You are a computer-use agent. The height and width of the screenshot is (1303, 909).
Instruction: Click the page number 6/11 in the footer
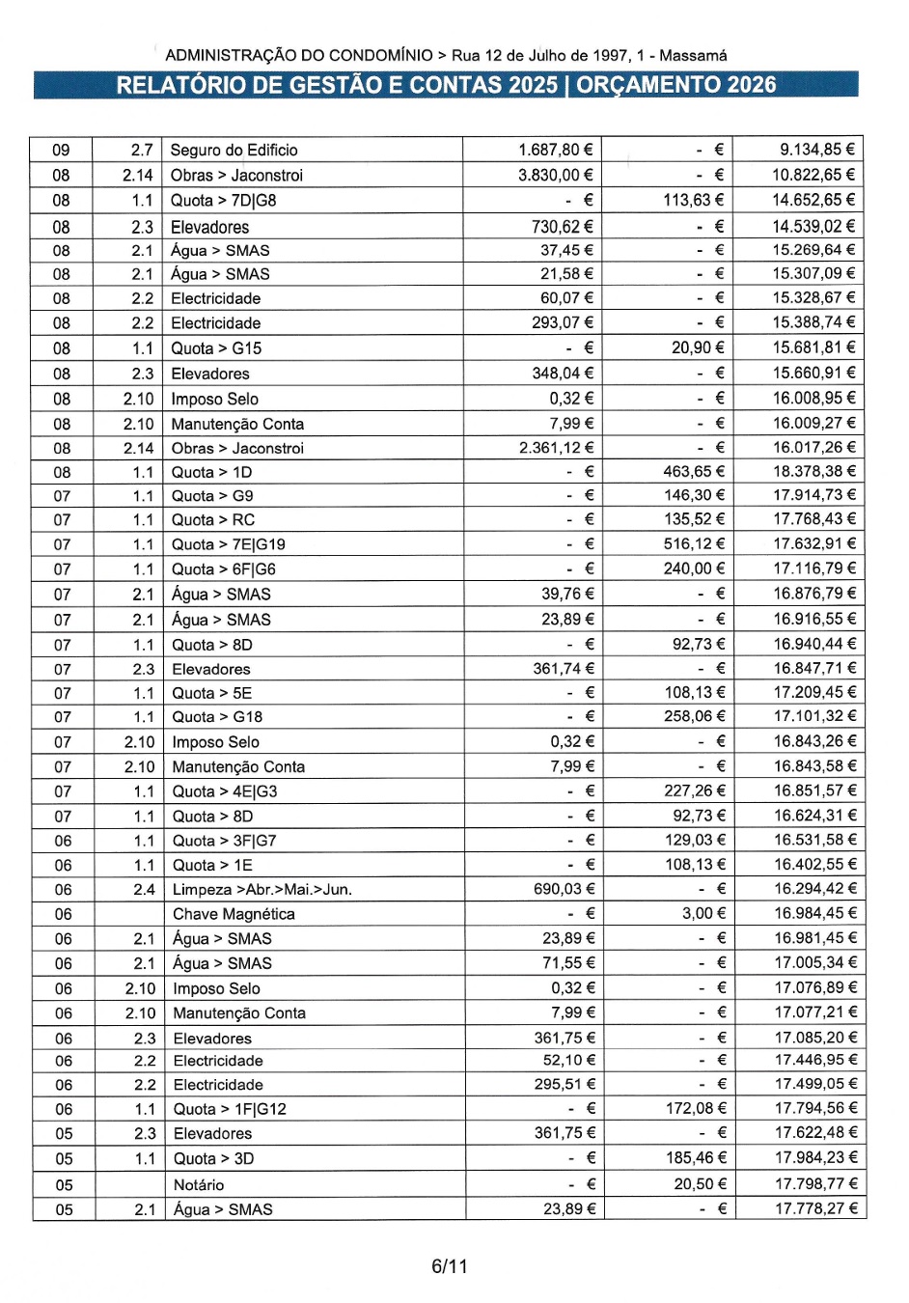[449, 1265]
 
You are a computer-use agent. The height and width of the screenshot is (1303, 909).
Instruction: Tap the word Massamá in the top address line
[693, 55]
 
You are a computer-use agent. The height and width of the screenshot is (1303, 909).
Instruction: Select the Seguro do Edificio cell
[234, 150]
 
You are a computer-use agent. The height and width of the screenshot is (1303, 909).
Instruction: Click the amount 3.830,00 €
[556, 175]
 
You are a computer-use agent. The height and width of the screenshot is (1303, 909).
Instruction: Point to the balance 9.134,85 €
[816, 150]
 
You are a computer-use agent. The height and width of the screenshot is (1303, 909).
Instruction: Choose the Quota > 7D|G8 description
[223, 200]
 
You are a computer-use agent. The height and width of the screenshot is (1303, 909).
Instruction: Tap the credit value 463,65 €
[693, 471]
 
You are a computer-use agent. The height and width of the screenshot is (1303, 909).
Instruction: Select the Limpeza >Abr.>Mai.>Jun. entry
[262, 889]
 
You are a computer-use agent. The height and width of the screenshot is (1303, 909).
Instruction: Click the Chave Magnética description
[234, 914]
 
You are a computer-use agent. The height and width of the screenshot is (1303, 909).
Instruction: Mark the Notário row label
[199, 1184]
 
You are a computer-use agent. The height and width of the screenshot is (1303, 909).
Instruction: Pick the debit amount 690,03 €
[565, 889]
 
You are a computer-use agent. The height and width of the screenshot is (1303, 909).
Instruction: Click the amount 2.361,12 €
[556, 448]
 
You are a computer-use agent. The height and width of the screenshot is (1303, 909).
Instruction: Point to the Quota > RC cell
[213, 519]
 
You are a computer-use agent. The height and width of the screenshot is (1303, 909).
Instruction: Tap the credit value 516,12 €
[693, 543]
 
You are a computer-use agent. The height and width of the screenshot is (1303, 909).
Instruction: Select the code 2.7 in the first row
[142, 150]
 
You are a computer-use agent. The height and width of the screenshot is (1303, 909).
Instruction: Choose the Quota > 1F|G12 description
[230, 1109]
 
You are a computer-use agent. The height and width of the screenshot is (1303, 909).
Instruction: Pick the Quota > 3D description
[213, 1158]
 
